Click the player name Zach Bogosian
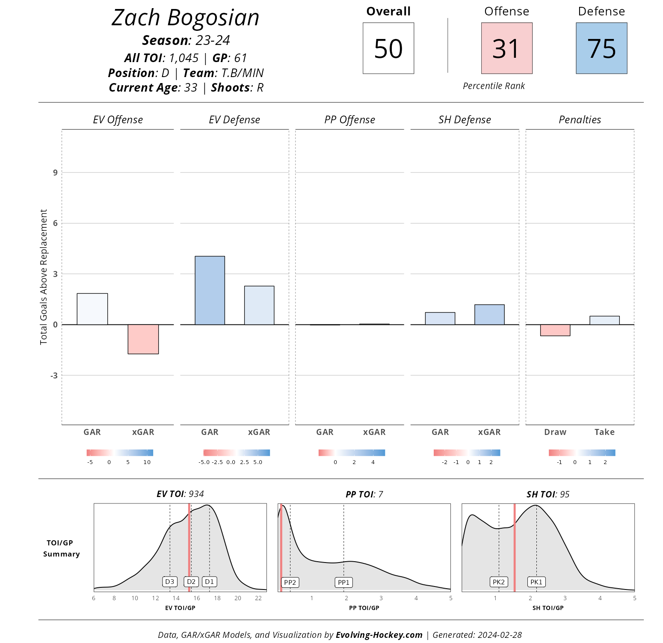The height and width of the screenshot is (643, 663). (185, 18)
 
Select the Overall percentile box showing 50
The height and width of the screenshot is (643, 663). (388, 48)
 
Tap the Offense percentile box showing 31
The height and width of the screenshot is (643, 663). (506, 48)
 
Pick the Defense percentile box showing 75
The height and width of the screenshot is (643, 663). (601, 48)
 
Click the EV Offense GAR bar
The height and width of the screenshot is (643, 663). (92, 309)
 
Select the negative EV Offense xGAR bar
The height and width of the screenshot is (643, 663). (143, 339)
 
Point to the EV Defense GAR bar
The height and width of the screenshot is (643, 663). (210, 290)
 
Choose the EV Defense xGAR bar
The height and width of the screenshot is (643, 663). (259, 305)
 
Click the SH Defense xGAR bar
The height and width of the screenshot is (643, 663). (489, 315)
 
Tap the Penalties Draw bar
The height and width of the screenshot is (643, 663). (555, 330)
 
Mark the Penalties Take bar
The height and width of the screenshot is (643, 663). (604, 320)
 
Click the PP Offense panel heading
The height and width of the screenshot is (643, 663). (349, 120)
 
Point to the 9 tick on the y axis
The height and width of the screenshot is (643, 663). (55, 173)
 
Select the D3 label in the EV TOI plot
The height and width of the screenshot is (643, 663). (170, 581)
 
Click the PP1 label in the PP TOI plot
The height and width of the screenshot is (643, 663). (343, 582)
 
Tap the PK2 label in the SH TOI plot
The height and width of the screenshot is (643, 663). (499, 582)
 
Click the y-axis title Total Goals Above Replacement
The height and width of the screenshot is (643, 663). (44, 277)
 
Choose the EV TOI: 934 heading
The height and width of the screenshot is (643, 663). (180, 494)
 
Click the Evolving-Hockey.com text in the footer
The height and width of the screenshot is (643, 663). (379, 635)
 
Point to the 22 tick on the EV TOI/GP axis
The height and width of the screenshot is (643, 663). (258, 598)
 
